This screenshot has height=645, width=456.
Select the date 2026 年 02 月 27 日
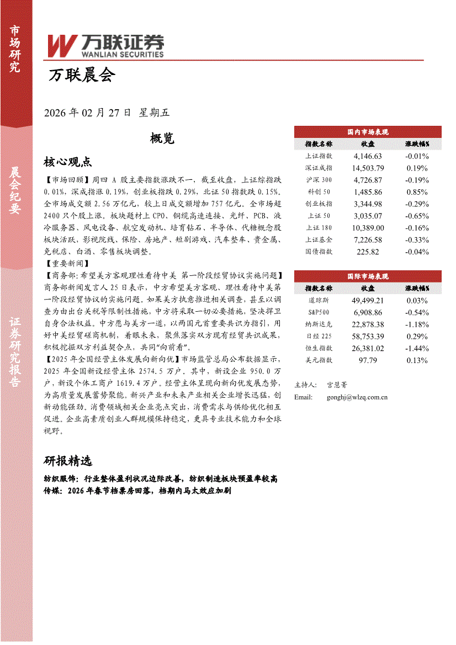point(87,113)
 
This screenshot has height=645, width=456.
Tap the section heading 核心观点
point(67,162)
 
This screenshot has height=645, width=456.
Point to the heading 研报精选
point(67,461)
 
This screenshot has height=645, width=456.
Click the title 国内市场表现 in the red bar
point(368,132)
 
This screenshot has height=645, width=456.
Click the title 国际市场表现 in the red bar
point(368,276)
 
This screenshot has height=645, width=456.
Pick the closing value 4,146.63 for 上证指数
point(368,156)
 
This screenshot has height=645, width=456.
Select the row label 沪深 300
point(319,180)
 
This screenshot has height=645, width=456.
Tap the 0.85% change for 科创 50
point(417,192)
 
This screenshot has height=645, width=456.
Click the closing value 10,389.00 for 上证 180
point(368,228)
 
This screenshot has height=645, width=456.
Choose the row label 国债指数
point(319,252)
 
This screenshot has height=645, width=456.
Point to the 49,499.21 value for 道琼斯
point(368,301)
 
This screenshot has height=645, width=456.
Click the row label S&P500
point(319,312)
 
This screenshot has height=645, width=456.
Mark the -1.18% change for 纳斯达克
point(417,324)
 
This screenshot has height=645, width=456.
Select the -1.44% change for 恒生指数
point(417,348)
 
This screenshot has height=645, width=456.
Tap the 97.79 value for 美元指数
point(368,360)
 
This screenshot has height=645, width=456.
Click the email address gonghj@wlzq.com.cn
point(357,397)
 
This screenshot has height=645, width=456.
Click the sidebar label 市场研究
point(15,49)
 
